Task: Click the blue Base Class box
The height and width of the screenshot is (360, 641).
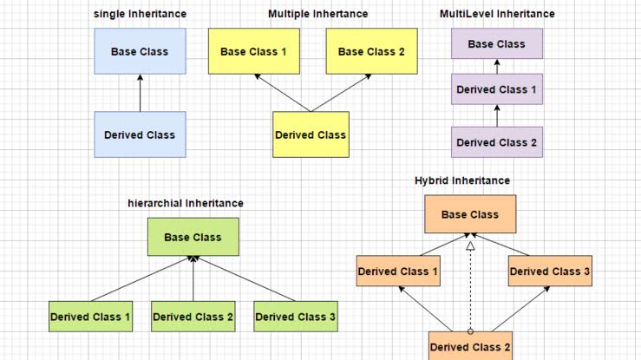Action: [140, 51]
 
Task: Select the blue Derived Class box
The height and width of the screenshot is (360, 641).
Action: [140, 134]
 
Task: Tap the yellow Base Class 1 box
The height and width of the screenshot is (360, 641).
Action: [253, 51]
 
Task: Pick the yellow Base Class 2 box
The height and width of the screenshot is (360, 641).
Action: [371, 51]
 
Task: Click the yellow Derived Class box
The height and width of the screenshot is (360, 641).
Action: [311, 134]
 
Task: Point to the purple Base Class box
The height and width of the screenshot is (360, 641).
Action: [496, 43]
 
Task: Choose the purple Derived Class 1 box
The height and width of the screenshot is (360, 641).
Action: [496, 89]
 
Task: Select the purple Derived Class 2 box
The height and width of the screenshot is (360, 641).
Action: [496, 141]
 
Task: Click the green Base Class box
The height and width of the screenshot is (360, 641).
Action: [193, 237]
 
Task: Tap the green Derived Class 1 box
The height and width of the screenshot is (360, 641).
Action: [90, 317]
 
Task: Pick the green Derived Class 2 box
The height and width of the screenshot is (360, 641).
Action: [193, 317]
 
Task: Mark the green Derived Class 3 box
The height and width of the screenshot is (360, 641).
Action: [295, 317]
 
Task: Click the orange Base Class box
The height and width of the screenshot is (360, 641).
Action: [470, 214]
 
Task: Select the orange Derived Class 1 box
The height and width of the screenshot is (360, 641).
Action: [398, 272]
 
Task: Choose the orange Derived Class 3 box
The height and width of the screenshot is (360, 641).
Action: [550, 272]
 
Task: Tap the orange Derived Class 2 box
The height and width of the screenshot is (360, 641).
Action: [470, 346]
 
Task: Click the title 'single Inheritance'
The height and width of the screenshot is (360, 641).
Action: [140, 14]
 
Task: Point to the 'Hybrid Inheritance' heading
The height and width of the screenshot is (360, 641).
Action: [462, 180]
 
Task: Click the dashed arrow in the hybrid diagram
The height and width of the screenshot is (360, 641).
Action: [470, 286]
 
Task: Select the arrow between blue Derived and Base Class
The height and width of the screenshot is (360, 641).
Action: [140, 93]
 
